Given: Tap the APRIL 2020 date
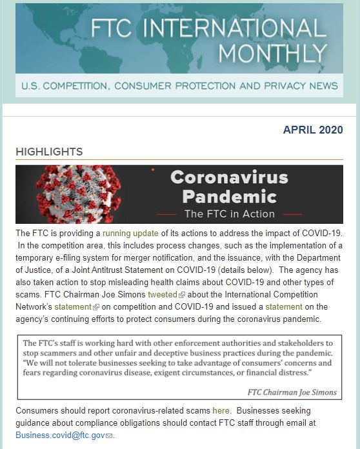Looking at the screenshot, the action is click(x=313, y=130).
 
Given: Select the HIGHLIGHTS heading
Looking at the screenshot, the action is click(x=49, y=152).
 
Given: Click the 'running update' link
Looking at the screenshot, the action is click(x=130, y=232).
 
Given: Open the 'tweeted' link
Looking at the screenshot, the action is click(x=162, y=294).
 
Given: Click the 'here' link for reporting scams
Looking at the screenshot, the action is click(x=221, y=410).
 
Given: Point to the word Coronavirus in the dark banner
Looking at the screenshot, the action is click(x=229, y=177).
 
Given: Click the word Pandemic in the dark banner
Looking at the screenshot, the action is click(x=229, y=195).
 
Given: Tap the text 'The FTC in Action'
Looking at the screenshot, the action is click(x=229, y=214).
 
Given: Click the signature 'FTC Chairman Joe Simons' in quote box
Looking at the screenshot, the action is click(x=292, y=392).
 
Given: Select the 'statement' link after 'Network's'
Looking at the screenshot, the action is click(x=72, y=306).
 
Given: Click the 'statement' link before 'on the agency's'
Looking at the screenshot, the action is click(x=284, y=306).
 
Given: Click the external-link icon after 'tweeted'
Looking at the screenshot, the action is click(x=182, y=295).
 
